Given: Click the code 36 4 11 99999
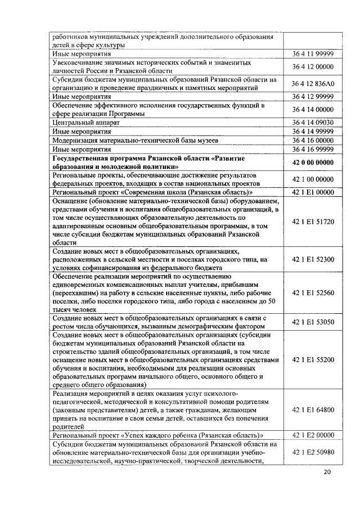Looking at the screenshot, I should (313, 54).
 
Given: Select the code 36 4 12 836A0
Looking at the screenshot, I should (313, 84).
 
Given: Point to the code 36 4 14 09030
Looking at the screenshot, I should (313, 121).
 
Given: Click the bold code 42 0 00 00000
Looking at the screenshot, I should (313, 163).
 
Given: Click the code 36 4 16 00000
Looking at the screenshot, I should (313, 140).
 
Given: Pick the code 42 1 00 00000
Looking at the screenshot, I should (313, 179).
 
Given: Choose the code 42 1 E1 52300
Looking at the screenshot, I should (313, 259).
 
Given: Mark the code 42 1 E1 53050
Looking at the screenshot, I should (313, 322).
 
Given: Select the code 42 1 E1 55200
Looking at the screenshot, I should (313, 359).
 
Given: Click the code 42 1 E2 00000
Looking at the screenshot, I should (313, 435).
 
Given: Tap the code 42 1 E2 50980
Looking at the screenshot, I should (313, 452).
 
